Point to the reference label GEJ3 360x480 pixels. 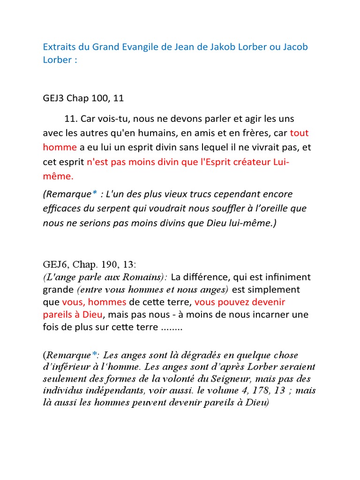pyautogui.click(x=53, y=98)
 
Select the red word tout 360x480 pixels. pyautogui.click(x=300, y=133)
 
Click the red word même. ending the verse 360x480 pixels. pyautogui.click(x=59, y=177)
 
